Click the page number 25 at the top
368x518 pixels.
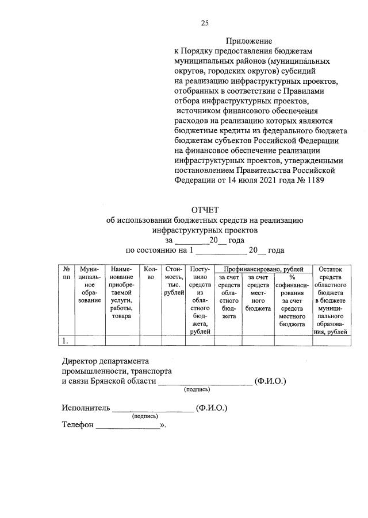click(x=204, y=23)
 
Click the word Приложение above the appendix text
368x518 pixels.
click(x=248, y=41)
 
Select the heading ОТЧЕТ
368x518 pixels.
click(x=205, y=210)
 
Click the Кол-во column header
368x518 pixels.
click(x=151, y=273)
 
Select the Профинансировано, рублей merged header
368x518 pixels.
click(x=263, y=268)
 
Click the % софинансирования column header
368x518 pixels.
click(x=292, y=296)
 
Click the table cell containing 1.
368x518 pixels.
click(x=67, y=341)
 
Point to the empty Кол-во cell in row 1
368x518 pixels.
click(x=151, y=341)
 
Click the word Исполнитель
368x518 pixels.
click(x=86, y=408)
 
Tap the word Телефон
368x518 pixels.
click(x=77, y=426)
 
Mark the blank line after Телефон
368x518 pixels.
click(x=128, y=428)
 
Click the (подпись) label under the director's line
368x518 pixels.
click(x=197, y=390)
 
